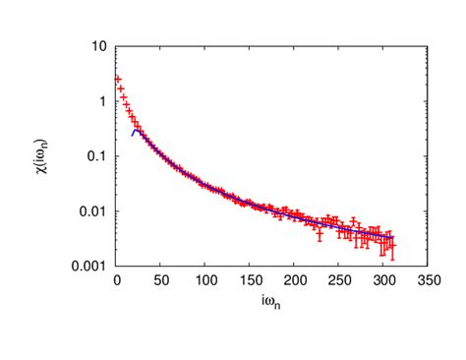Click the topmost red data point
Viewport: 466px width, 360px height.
pos(118,79)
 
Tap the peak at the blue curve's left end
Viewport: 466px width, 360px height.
pos(136,129)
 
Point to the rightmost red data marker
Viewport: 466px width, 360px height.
pos(392,246)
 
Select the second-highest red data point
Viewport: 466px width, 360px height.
pos(121,90)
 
